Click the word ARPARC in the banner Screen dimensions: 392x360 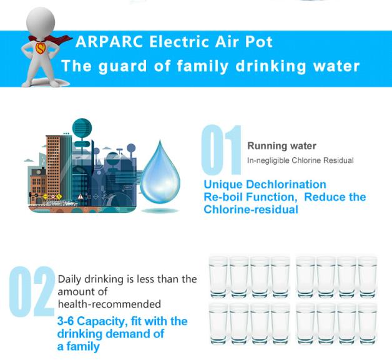tap(109, 41)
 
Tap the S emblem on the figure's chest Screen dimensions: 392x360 tap(40, 49)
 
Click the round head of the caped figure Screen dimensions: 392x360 tap(41, 21)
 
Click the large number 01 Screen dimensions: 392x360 tap(221, 150)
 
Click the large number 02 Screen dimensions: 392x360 tap(32, 291)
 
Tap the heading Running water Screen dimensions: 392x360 tap(282, 145)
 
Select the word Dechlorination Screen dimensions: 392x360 tap(286, 185)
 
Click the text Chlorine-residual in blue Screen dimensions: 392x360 tap(251, 210)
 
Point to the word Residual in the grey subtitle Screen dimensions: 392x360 tap(338, 160)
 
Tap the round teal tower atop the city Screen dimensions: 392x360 tap(82, 129)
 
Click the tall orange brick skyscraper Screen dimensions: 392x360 tap(53, 167)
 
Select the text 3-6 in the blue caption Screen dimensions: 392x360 tap(66, 321)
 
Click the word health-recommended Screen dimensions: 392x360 tap(109, 304)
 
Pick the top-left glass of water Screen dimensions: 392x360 tap(218, 276)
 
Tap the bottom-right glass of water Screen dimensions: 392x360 tap(367, 324)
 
